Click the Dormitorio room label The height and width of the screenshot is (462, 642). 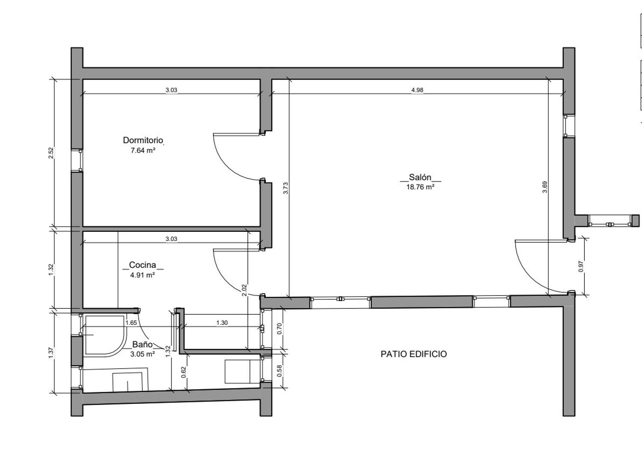pyautogui.click(x=143, y=140)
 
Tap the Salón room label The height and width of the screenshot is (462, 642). pyautogui.click(x=420, y=177)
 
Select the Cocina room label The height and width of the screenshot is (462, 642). pyautogui.click(x=143, y=265)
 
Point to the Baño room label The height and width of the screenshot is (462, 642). pyautogui.click(x=142, y=344)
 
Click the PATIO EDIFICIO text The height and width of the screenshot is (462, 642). pyautogui.click(x=413, y=354)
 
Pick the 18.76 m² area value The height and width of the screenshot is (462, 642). pyautogui.click(x=420, y=187)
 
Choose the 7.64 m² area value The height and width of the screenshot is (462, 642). pyautogui.click(x=143, y=151)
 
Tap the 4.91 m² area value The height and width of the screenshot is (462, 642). pyautogui.click(x=143, y=275)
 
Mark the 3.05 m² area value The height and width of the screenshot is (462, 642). pyautogui.click(x=143, y=354)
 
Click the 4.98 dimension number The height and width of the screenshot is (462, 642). pyautogui.click(x=417, y=90)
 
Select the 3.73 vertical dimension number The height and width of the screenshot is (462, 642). pyautogui.click(x=286, y=188)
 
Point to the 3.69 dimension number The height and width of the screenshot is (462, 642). pyautogui.click(x=545, y=187)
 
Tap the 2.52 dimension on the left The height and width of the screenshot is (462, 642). pyautogui.click(x=51, y=153)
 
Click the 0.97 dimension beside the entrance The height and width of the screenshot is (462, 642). pyautogui.click(x=581, y=267)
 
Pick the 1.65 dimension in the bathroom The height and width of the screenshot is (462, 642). pyautogui.click(x=131, y=323)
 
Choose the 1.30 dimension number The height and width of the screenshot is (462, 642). pyautogui.click(x=222, y=323)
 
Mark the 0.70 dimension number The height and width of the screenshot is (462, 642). pyautogui.click(x=280, y=329)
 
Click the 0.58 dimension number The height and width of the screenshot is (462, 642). pyautogui.click(x=280, y=370)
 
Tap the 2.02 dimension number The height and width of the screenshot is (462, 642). pyautogui.click(x=244, y=290)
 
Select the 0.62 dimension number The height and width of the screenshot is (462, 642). pyautogui.click(x=184, y=372)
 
